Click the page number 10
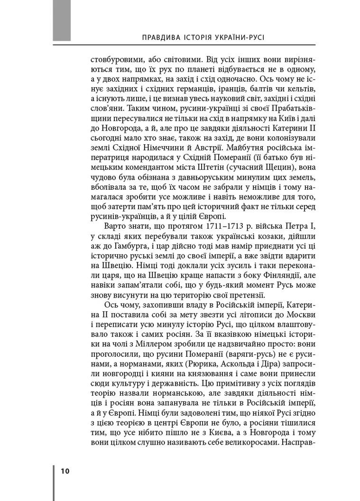pyautogui.click(x=65, y=471)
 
